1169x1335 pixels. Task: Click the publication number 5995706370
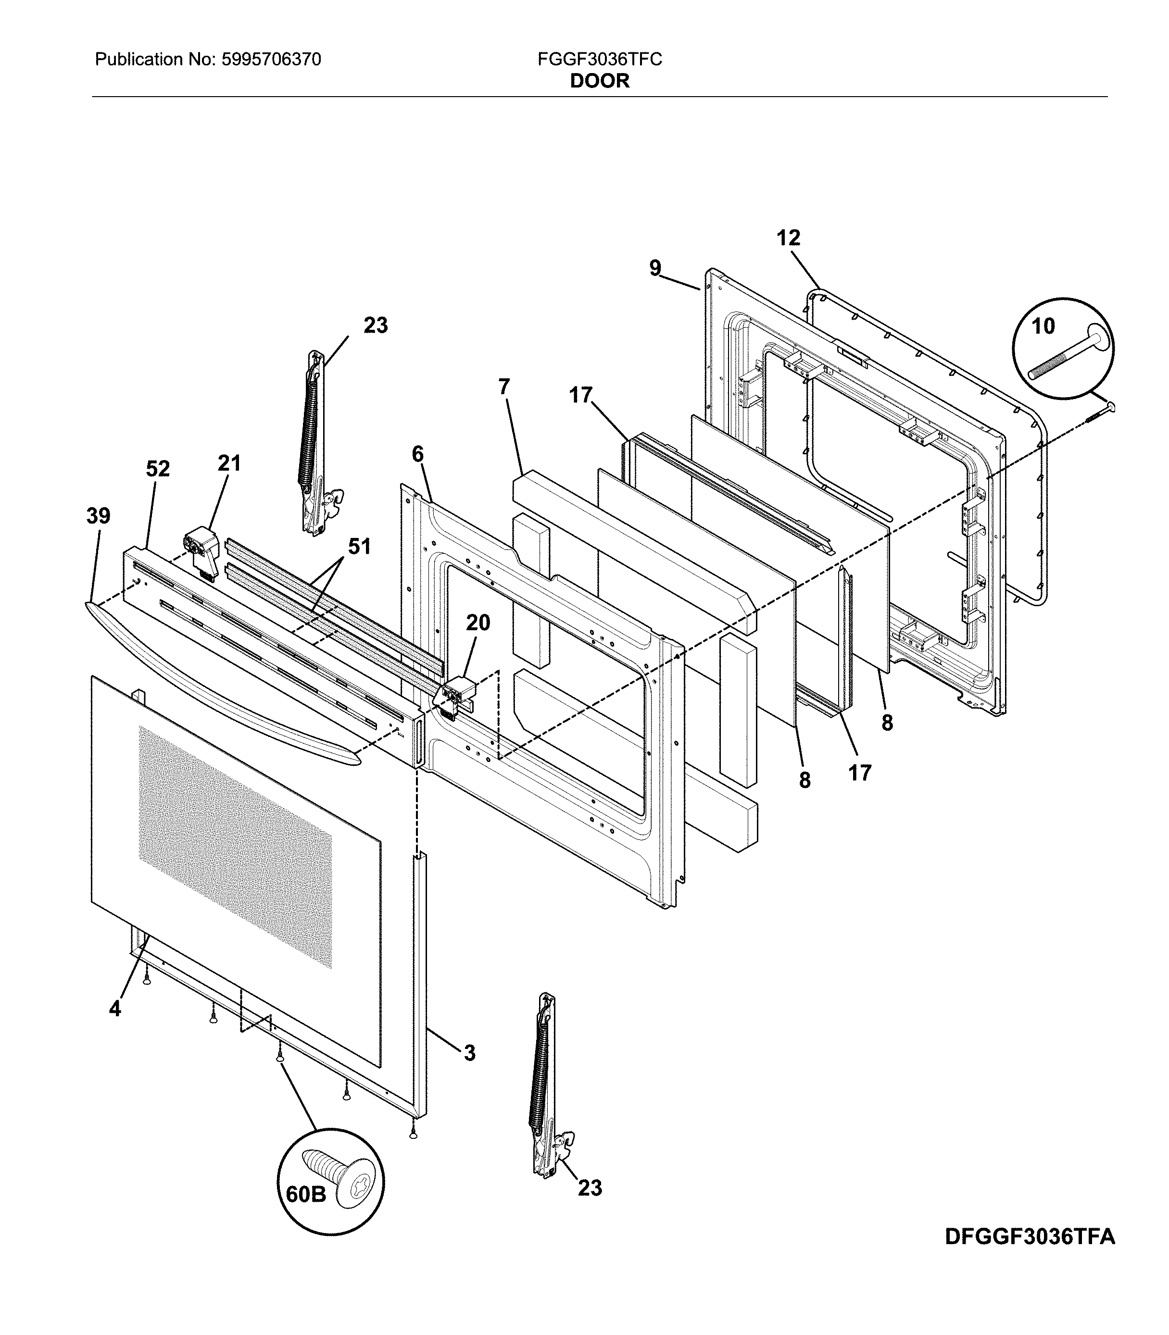[x=271, y=60]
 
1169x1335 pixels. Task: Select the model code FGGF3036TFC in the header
[x=600, y=60]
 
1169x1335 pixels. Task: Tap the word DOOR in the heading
[x=600, y=81]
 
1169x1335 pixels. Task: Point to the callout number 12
[x=788, y=238]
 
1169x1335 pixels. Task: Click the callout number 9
[x=655, y=268]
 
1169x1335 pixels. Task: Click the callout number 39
[x=99, y=516]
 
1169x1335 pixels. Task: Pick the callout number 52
[x=158, y=469]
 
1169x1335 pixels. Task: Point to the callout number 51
[x=359, y=547]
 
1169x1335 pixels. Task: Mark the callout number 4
[x=115, y=1009]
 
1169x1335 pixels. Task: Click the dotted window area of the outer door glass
[x=235, y=848]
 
